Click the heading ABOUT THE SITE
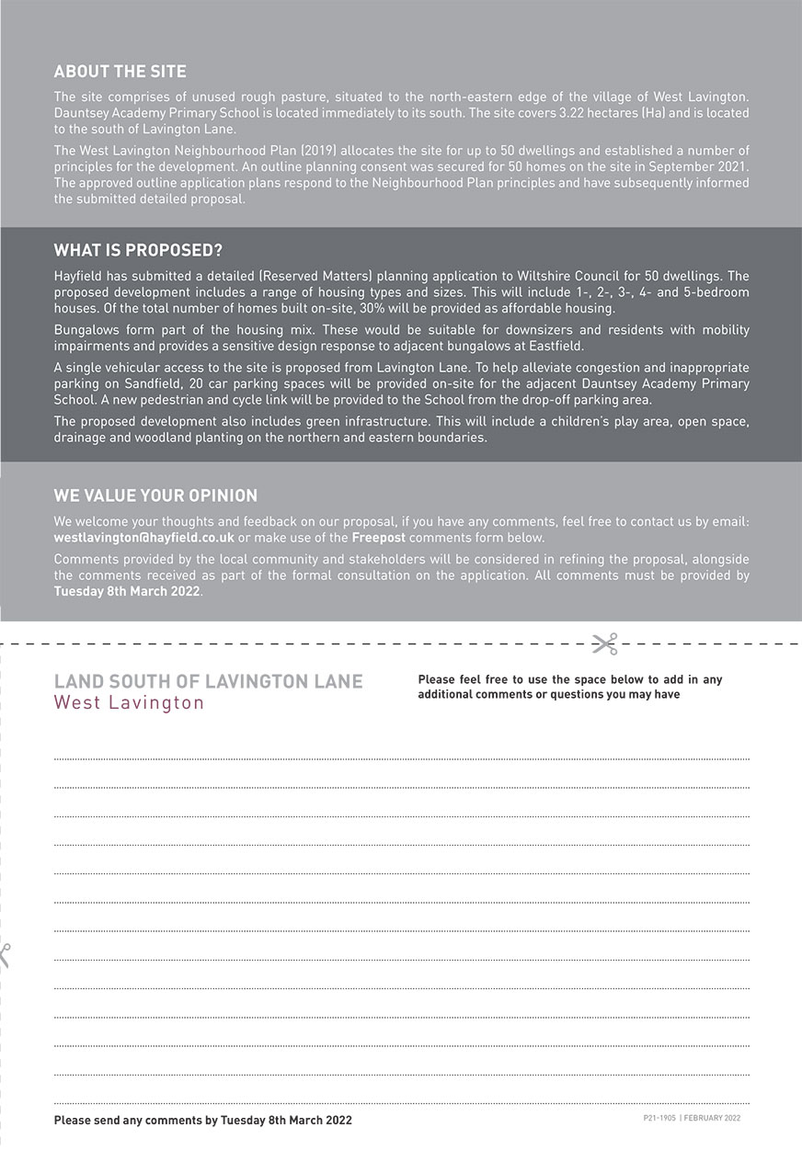(120, 72)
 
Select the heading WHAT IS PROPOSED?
(138, 251)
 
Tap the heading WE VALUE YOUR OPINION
(155, 496)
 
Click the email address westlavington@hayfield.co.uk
(144, 538)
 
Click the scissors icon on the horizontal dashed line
(604, 643)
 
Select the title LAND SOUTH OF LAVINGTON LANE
(208, 682)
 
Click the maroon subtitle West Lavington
(129, 703)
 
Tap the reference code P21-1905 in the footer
(659, 1119)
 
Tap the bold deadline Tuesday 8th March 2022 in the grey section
(127, 591)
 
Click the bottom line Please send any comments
(202, 1121)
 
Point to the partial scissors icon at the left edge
(4, 955)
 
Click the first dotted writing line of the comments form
(401, 758)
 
